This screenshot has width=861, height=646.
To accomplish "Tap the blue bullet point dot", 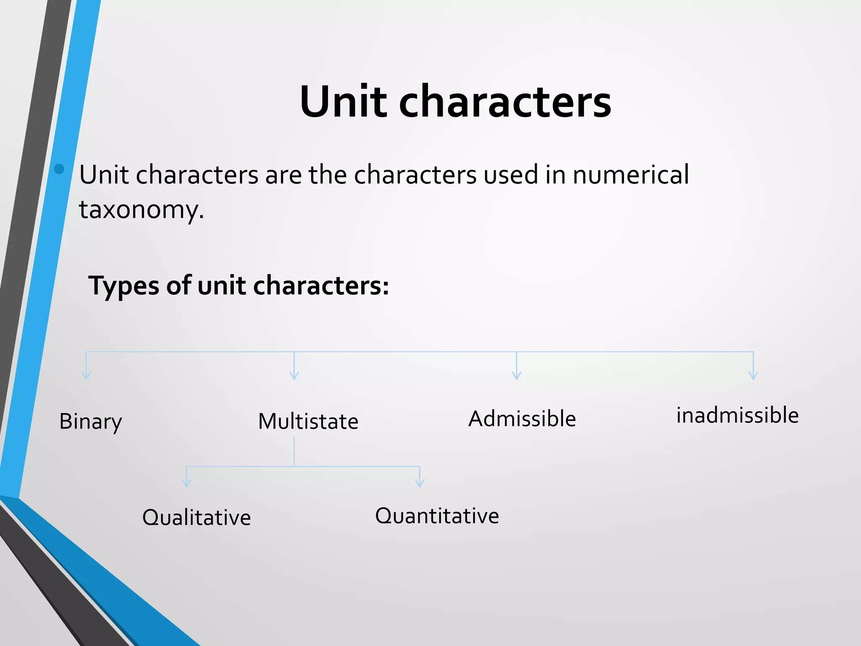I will click(59, 169).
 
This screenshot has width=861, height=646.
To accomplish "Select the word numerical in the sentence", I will click(631, 175).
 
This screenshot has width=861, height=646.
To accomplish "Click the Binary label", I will click(90, 421).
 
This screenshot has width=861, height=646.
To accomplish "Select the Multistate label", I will click(308, 421).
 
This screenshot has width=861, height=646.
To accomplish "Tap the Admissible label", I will click(522, 419).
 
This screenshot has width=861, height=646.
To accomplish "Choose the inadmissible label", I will click(737, 416).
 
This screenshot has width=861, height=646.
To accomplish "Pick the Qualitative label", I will click(196, 518).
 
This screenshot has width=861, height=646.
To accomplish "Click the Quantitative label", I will click(437, 516).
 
